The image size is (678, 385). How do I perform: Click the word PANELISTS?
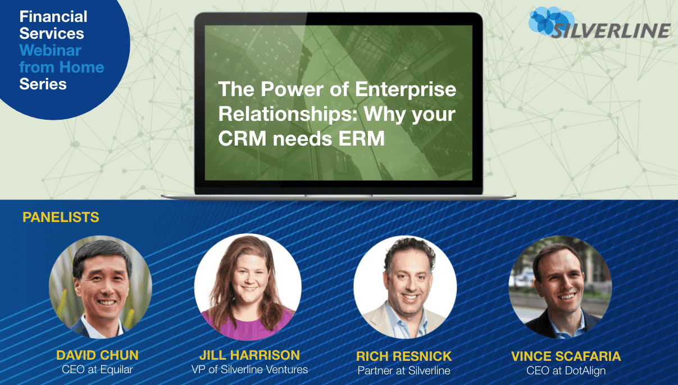(61, 218)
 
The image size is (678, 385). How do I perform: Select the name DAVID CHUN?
(97, 355)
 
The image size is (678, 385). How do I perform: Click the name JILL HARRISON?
(249, 355)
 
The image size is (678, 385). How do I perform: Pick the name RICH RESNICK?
(404, 356)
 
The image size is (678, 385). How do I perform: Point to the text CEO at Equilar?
(97, 370)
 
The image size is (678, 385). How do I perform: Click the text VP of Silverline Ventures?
(249, 370)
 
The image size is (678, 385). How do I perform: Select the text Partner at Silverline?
(404, 371)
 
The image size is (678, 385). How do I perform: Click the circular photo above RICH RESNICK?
(404, 287)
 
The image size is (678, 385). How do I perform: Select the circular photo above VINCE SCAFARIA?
(559, 287)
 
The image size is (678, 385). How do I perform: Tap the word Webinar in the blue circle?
(51, 51)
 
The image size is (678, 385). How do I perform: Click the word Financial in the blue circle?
(53, 16)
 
